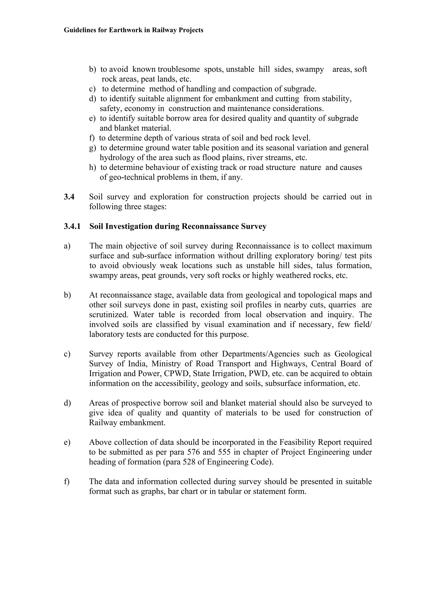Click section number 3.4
tap(69, 197)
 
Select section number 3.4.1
tap(72, 226)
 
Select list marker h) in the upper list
tap(92, 167)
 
